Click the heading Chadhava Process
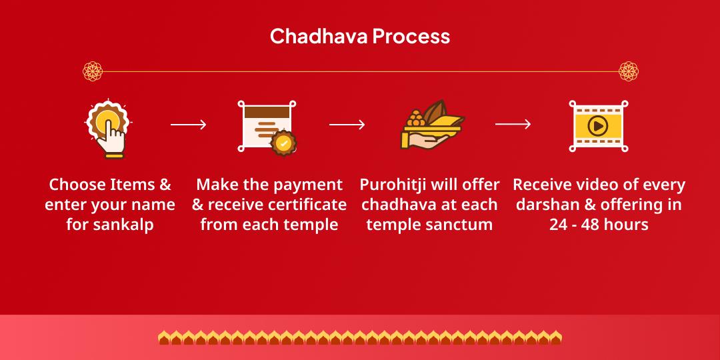tap(359, 36)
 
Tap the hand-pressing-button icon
tap(109, 128)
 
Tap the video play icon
tap(598, 125)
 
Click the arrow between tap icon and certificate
tap(188, 125)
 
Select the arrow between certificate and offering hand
tap(347, 125)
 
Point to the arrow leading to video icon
tap(513, 125)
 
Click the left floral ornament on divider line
tap(92, 71)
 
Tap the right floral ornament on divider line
tap(628, 71)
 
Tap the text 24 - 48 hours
tap(598, 225)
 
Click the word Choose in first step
tap(77, 185)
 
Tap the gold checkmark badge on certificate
tap(283, 143)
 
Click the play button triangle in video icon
tap(598, 125)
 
